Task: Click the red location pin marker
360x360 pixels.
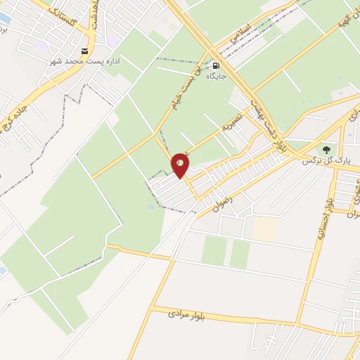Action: pyautogui.click(x=181, y=165)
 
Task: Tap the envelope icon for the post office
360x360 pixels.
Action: pyautogui.click(x=85, y=51)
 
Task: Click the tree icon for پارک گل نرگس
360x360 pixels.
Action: pyautogui.click(x=326, y=149)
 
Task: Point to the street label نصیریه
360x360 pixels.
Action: pyautogui.click(x=233, y=127)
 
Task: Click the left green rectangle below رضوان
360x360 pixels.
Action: pyautogui.click(x=214, y=251)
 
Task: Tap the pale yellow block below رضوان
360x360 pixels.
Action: pyautogui.click(x=265, y=228)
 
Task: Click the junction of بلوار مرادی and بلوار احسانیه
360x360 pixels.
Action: pyautogui.click(x=301, y=327)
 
